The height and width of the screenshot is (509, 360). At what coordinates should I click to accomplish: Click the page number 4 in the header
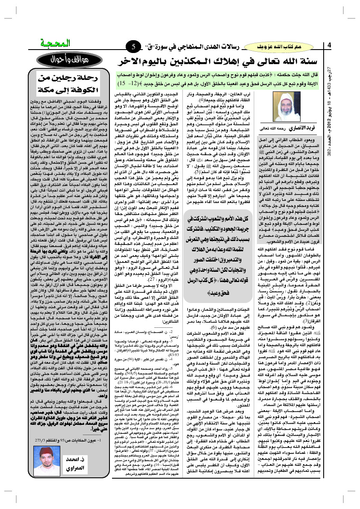click(330, 46)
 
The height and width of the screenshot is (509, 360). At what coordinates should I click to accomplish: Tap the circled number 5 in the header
click(134, 46)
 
